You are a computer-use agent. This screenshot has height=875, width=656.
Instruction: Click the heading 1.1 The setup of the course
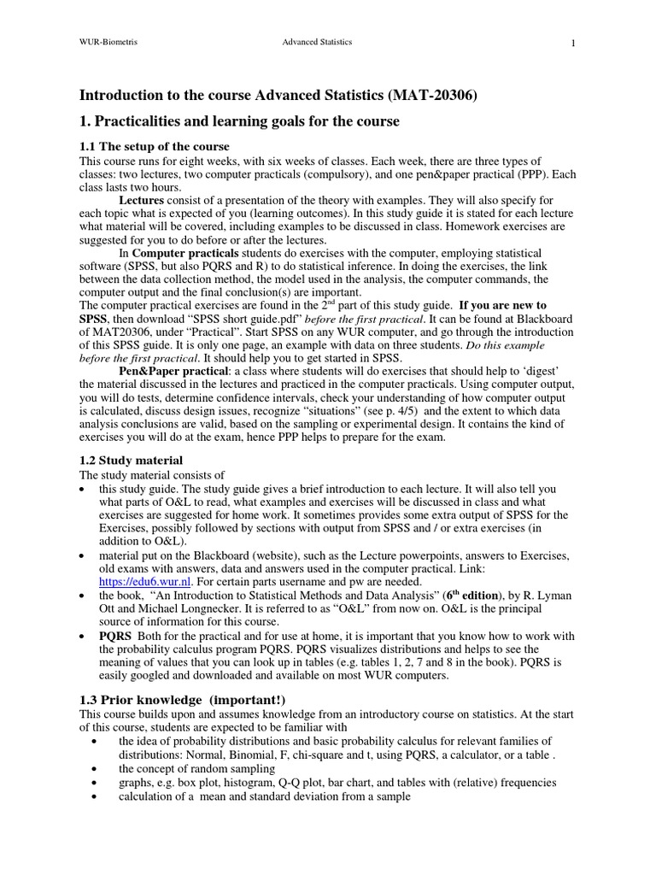pos(155,147)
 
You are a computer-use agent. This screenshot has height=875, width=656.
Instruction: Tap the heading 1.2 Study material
pos(131,461)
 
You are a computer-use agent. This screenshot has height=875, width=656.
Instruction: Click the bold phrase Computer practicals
pos(178,253)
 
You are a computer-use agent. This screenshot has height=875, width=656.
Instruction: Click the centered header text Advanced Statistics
pos(317,42)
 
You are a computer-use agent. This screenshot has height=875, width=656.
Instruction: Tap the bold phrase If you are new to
pos(503,305)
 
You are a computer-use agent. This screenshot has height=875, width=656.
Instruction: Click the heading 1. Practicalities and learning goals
pos(239,121)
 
